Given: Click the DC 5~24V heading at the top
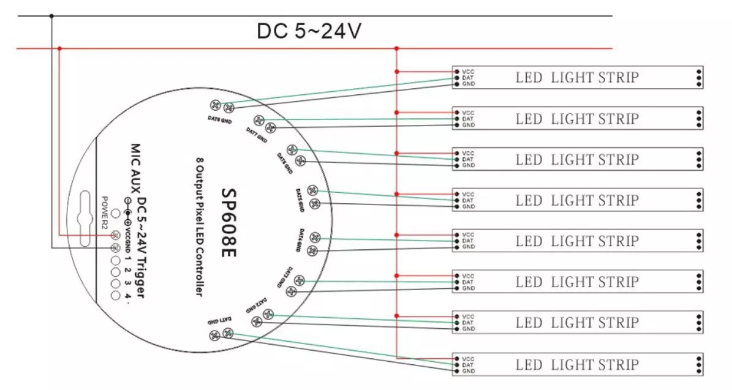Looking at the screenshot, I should pos(308,31).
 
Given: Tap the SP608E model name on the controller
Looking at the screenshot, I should pos(228,223).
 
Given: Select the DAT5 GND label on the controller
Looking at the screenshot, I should pos(301,200).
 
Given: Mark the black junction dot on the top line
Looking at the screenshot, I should pos(51,16).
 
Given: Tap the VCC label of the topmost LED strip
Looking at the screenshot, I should pos(469,72).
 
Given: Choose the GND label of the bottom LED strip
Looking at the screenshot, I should pos(469,372).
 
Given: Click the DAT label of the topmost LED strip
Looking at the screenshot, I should pos(469,78).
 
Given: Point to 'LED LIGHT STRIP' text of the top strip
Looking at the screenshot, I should pos(577,78).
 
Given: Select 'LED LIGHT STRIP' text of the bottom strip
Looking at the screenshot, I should pos(577,366).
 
